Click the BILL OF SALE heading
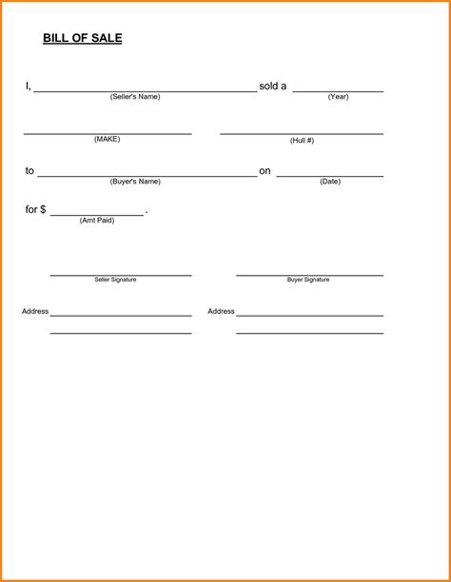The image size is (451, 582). tap(83, 39)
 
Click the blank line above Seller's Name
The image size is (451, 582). tap(145, 91)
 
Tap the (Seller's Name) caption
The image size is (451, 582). tap(135, 97)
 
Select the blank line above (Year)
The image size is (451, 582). tap(338, 91)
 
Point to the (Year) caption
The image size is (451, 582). tap(338, 97)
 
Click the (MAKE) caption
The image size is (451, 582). tap(107, 140)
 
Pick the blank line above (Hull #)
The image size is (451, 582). tap(302, 134)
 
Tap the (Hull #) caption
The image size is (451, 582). tap(302, 141)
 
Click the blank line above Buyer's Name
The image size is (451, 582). tap(147, 176)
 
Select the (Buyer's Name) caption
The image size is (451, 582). tap(135, 182)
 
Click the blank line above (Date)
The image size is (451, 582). tap(330, 176)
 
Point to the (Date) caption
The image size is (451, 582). tap(330, 182)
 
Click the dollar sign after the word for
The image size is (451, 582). tap(42, 210)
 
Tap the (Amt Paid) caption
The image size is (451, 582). tap(97, 221)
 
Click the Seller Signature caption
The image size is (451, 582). tap(115, 281)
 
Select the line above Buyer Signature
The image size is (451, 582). tap(309, 275)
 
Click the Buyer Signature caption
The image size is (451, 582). tap(308, 281)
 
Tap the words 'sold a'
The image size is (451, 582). tap(273, 87)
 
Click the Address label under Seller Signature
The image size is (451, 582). tap(35, 312)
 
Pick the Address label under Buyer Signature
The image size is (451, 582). tap(221, 312)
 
